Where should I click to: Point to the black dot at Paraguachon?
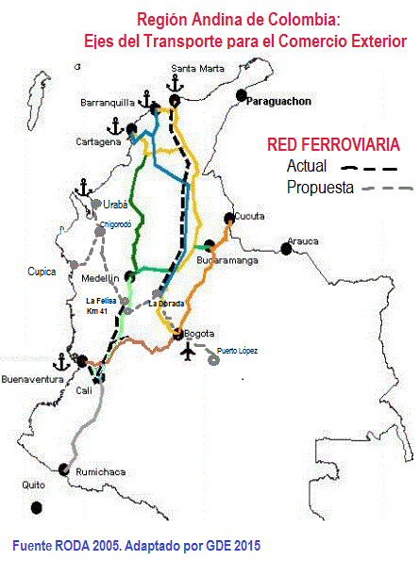[x=243, y=94]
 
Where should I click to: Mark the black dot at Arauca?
[x=285, y=249]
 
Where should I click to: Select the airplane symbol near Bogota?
[x=188, y=353]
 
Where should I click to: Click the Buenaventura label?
[x=31, y=379]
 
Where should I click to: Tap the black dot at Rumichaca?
[x=63, y=469]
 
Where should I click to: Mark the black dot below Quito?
[x=37, y=507]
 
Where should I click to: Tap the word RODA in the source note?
[x=74, y=545]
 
